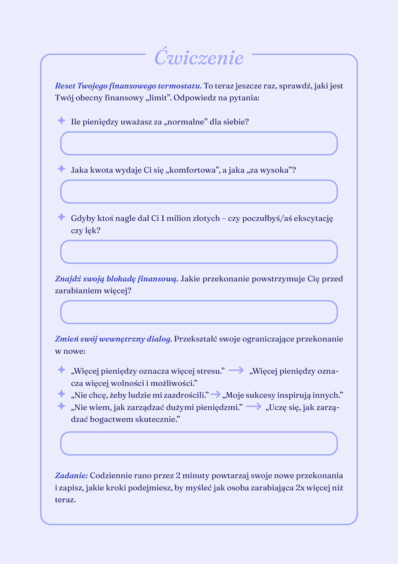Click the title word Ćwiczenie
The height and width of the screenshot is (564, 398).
click(199, 58)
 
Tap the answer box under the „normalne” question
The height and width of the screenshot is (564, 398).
click(199, 143)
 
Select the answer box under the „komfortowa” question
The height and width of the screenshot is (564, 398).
click(199, 192)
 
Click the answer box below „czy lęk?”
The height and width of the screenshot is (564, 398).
click(199, 252)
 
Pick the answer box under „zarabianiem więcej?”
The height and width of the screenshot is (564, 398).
click(199, 312)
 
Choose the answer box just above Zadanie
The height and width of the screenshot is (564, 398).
click(199, 444)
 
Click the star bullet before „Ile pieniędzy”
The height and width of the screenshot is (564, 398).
click(61, 121)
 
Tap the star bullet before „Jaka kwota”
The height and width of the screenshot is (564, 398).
click(61, 169)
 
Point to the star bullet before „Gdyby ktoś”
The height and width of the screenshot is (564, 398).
click(61, 217)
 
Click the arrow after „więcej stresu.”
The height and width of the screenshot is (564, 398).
click(236, 370)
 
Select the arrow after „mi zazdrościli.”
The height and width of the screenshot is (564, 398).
click(216, 394)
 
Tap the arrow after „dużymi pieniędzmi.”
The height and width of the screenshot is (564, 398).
click(254, 407)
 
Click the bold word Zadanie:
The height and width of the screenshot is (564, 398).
click(71, 476)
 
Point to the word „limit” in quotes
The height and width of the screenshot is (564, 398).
click(158, 98)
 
